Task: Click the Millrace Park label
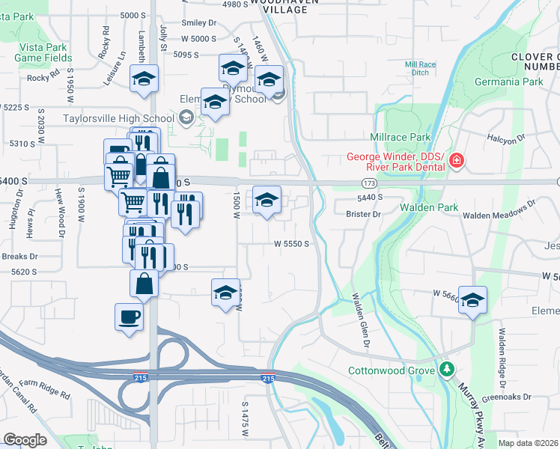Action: coord(400,138)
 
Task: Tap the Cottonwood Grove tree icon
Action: coord(447,370)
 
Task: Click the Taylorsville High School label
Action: coord(119,117)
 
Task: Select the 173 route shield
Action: coord(368,183)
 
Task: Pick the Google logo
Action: coord(25,440)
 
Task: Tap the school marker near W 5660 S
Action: coord(472,300)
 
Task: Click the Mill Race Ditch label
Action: coord(420,69)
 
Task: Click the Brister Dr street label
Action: coord(364,214)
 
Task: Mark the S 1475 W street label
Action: coord(244,418)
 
